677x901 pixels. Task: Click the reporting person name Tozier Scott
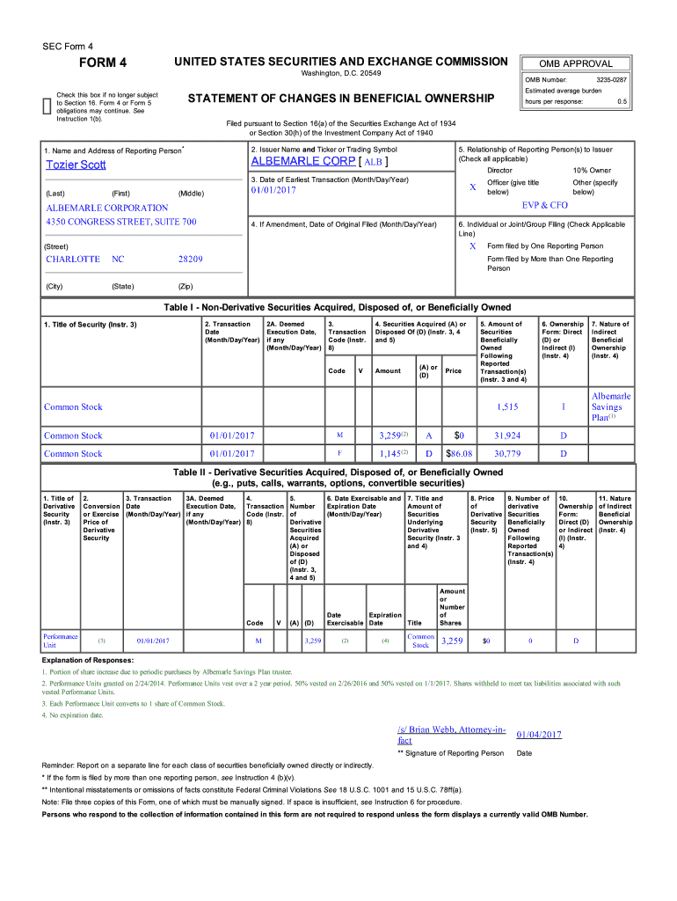click(76, 165)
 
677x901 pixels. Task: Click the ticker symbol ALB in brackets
click(373, 163)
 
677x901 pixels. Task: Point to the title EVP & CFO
click(545, 205)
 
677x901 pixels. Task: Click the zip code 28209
click(190, 260)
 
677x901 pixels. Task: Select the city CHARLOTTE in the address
click(73, 260)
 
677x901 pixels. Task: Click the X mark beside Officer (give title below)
click(473, 187)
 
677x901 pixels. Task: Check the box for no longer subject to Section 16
click(47, 106)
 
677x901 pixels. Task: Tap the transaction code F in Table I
click(339, 454)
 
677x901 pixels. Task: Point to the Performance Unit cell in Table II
click(60, 641)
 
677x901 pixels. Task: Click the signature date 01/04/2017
click(539, 735)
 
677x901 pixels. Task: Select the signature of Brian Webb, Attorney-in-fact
click(451, 735)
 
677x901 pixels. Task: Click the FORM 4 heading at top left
click(104, 62)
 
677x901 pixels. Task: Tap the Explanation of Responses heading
click(88, 660)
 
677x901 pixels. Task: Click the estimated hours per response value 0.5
click(622, 101)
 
